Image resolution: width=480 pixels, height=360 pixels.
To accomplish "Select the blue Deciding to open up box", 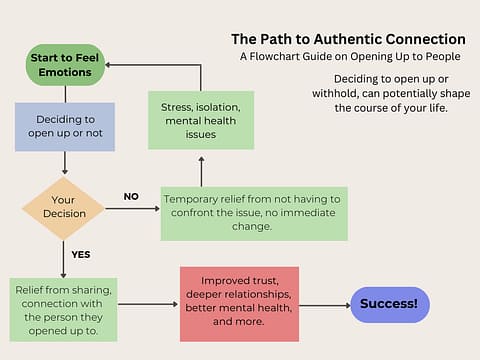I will [x=65, y=127].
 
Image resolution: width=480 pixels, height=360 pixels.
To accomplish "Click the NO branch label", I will [x=131, y=196].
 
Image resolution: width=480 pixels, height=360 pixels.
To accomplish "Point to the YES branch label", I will [x=81, y=254].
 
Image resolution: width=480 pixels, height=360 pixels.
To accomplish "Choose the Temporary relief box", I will [x=254, y=213].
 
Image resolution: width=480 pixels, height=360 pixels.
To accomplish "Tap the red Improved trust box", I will [x=239, y=304].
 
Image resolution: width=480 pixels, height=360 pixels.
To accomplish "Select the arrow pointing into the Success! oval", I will [x=325, y=304].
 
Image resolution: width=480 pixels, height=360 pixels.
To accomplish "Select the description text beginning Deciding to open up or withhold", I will [x=377, y=93].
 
